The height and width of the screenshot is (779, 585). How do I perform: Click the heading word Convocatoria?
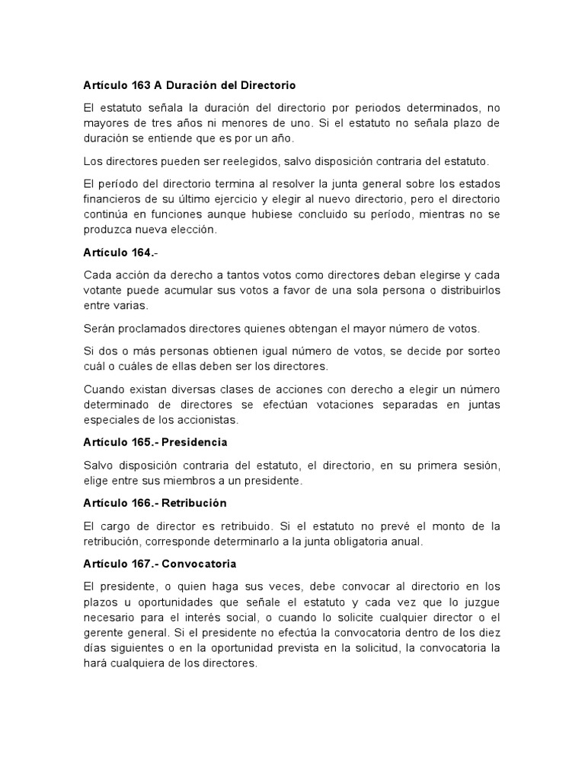point(202,564)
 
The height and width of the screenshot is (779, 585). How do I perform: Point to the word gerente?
point(106,633)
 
